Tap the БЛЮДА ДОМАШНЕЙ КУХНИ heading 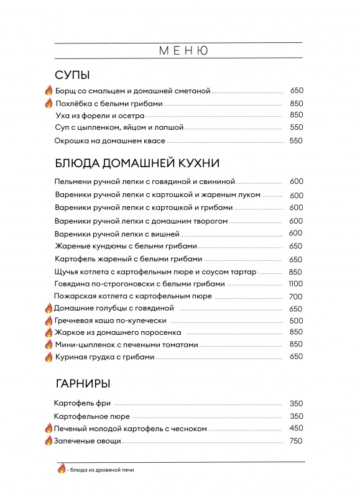coord(137,163)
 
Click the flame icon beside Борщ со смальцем coord(48,91)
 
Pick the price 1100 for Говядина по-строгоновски coord(295,284)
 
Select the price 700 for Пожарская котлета coord(295,296)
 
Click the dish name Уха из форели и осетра coord(99,115)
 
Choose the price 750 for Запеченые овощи coord(295,441)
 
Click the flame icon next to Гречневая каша coord(48,321)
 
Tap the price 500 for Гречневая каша coord(295,321)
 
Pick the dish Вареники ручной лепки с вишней coord(117,234)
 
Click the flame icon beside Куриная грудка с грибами coord(48,357)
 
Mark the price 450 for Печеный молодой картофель coord(295,428)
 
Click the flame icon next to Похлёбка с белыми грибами coord(48,103)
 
